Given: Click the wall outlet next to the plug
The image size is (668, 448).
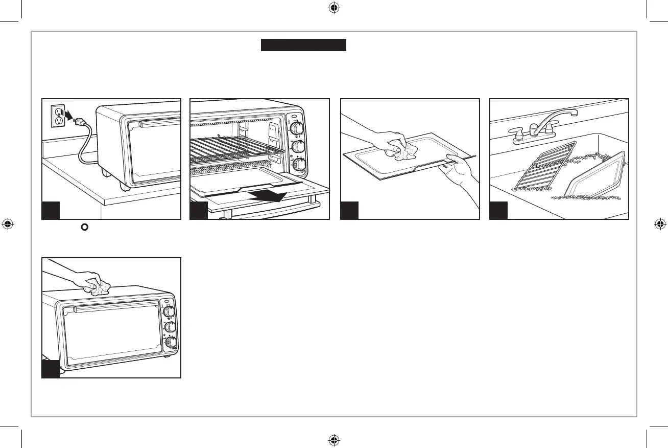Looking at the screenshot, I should (x=58, y=115).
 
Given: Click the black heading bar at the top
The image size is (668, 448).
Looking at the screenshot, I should (x=304, y=45).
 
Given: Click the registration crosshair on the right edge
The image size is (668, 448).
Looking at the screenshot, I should (x=659, y=223).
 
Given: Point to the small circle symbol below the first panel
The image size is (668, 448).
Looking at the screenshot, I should (x=80, y=226).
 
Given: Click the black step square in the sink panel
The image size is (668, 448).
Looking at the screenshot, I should (x=498, y=210).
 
